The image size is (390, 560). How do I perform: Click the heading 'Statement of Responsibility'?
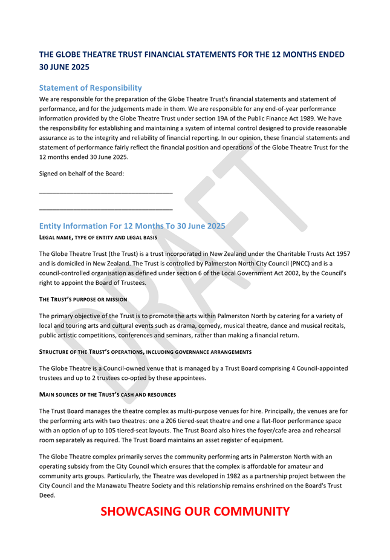(90, 88)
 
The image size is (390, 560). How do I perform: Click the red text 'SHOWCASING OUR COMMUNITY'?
(195, 512)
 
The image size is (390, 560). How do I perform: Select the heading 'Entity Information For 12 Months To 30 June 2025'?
(132, 226)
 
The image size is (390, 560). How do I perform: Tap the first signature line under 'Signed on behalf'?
(106, 193)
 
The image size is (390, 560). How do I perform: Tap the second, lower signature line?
(106, 210)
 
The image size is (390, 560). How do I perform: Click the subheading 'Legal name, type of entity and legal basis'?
(98, 238)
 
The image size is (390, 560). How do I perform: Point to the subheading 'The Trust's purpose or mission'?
(83, 299)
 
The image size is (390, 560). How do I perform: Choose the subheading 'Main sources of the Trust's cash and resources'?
(107, 394)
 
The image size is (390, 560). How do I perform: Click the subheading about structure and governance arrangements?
(145, 352)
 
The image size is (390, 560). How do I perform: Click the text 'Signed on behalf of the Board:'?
(81, 174)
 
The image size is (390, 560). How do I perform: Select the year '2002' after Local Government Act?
(235, 273)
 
